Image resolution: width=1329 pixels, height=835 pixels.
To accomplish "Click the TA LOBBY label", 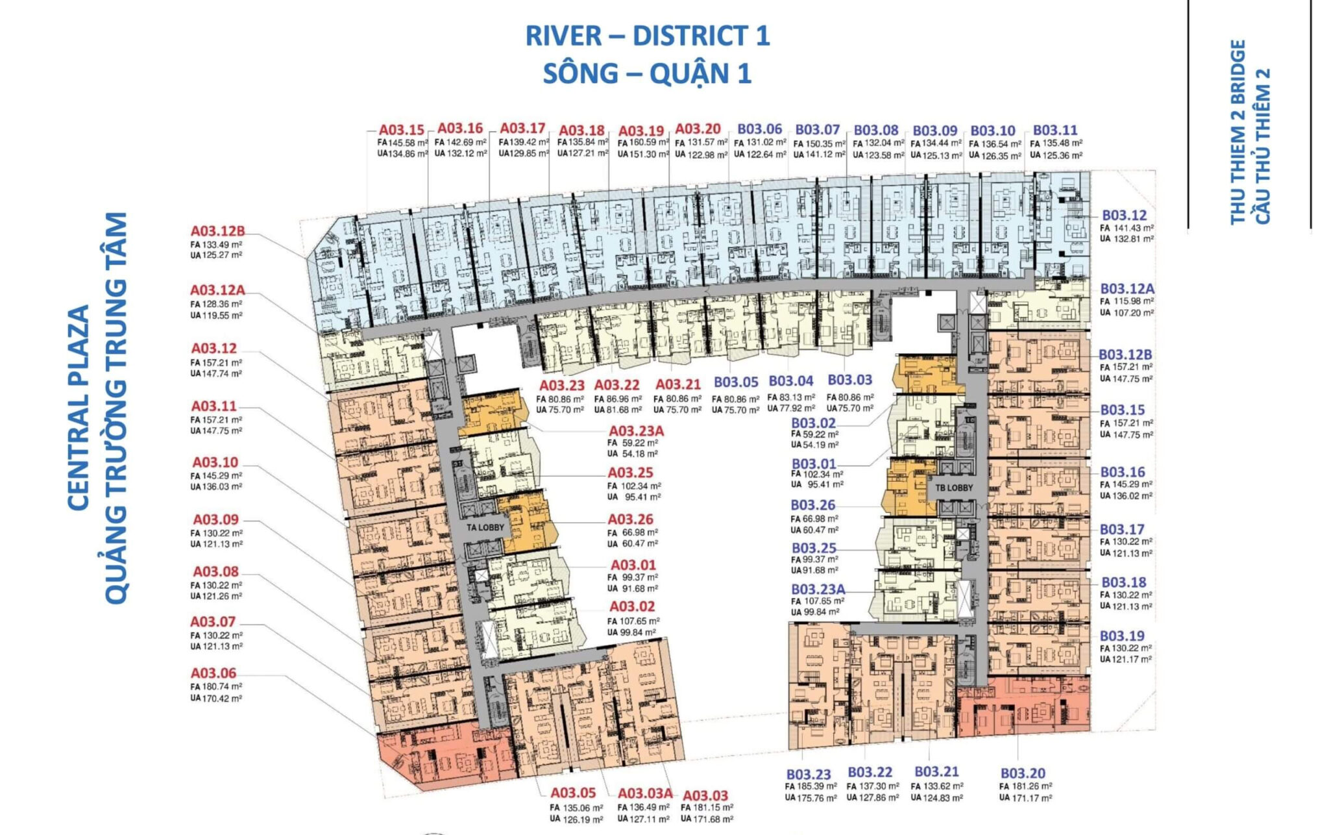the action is coord(485,527).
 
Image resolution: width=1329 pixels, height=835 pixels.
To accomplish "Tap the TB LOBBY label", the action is coord(954,488).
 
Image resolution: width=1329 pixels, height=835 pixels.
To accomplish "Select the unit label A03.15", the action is coord(402,130).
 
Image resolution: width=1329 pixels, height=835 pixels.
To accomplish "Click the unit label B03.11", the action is coord(1055,130).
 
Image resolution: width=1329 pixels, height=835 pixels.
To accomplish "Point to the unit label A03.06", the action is coord(213,673).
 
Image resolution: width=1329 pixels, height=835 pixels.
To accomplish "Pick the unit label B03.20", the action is coord(1023,773).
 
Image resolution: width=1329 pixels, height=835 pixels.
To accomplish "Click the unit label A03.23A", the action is coord(636,431).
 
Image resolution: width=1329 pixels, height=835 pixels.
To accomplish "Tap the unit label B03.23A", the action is coord(818,590).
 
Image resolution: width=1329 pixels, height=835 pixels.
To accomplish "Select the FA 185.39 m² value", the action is coord(811,786).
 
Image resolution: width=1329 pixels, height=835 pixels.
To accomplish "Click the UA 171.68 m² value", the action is coord(707,819).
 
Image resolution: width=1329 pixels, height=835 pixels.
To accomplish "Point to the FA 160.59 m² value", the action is coord(643,143).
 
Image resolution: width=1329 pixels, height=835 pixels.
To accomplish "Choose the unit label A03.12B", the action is coord(217,231).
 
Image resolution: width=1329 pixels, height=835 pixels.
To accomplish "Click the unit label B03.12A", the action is coord(1127,289).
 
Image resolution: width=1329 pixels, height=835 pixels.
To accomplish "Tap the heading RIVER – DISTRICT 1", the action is coord(648,36).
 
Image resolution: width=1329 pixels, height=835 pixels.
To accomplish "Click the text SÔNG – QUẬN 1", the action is coord(648,73).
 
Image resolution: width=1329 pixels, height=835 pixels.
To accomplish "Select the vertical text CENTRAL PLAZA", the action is coord(78,408).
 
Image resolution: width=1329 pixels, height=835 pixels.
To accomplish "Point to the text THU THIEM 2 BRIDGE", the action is coord(1238,132).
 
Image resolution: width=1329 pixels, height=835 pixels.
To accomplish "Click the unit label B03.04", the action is coord(790,380).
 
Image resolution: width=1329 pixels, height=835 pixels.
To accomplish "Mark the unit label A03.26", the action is coord(630,519).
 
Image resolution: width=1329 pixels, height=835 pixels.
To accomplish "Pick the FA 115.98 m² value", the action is coord(1127,301).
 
